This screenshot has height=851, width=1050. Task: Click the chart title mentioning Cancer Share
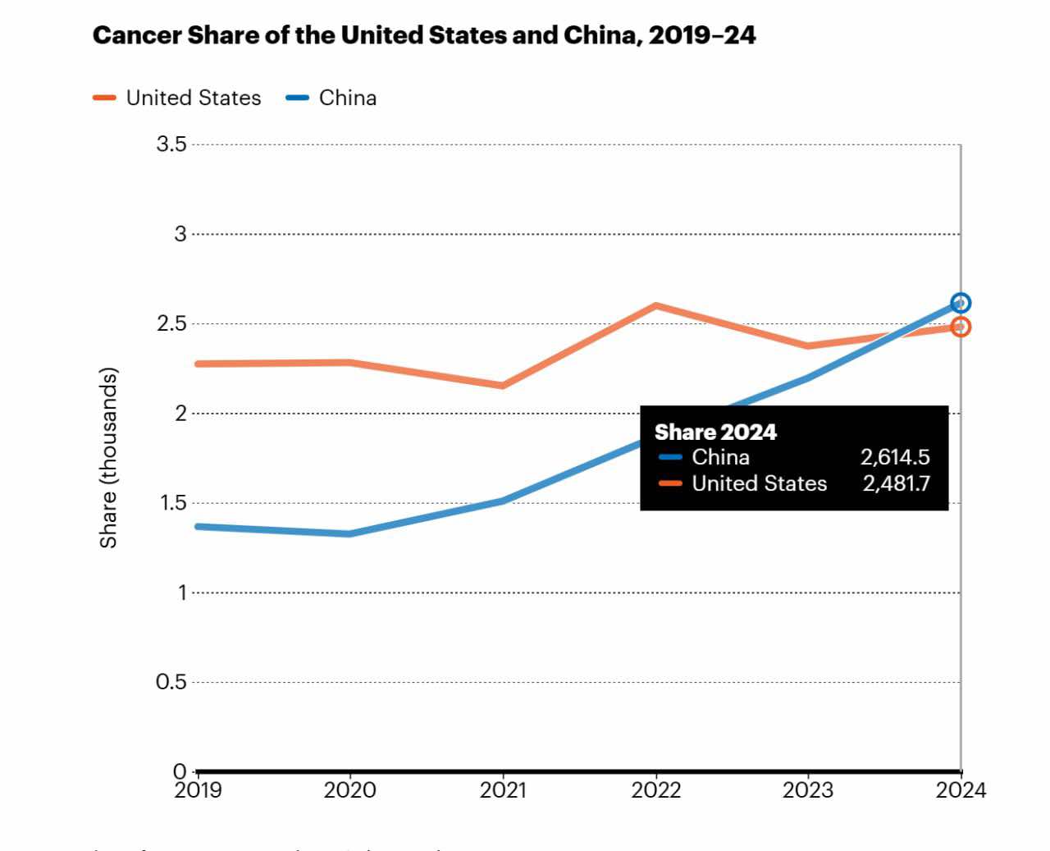pyautogui.click(x=424, y=35)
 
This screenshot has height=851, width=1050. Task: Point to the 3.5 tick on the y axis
pyautogui.click(x=171, y=144)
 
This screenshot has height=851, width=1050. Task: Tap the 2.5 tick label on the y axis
pyautogui.click(x=171, y=323)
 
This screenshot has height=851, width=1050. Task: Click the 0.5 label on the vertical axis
pyautogui.click(x=171, y=682)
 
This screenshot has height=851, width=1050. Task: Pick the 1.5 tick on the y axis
pyautogui.click(x=171, y=503)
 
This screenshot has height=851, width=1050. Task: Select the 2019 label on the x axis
pyautogui.click(x=198, y=790)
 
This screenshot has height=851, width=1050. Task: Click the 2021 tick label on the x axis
pyautogui.click(x=503, y=790)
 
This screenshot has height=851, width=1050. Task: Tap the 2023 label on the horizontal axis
pyautogui.click(x=808, y=790)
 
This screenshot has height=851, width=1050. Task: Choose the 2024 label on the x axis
pyautogui.click(x=961, y=790)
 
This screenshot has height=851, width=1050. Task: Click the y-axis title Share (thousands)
pyautogui.click(x=108, y=458)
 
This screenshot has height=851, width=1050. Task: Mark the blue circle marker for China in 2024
pyautogui.click(x=961, y=304)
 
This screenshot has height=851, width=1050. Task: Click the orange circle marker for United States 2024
pyautogui.click(x=961, y=327)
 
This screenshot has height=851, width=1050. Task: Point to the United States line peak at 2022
pyautogui.click(x=655, y=305)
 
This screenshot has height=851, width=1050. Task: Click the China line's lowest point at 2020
pyautogui.click(x=350, y=533)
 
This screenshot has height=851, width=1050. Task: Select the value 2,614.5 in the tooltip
pyautogui.click(x=895, y=457)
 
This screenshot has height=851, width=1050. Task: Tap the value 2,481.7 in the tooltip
pyautogui.click(x=896, y=483)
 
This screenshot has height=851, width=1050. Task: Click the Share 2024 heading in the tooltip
pyautogui.click(x=715, y=432)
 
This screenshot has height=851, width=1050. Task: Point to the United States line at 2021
pyautogui.click(x=503, y=385)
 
